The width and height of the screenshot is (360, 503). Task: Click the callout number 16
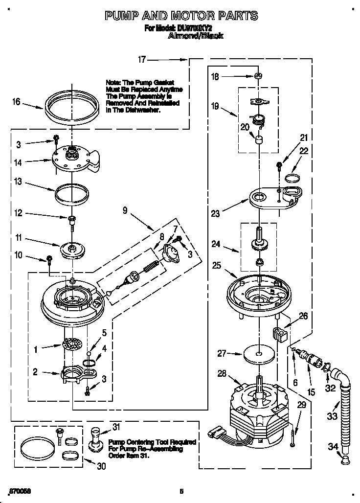click(17, 102)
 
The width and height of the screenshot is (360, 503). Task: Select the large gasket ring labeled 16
click(70, 106)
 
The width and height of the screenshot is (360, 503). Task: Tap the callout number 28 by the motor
click(222, 374)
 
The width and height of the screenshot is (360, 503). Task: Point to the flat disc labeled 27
click(257, 355)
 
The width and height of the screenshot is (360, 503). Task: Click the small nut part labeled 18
click(257, 76)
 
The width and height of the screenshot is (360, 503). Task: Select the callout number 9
click(125, 211)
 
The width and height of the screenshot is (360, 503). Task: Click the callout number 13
click(18, 182)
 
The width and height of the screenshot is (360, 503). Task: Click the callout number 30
click(101, 466)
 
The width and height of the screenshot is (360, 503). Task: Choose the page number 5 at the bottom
click(181, 491)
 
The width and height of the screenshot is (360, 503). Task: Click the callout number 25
click(217, 266)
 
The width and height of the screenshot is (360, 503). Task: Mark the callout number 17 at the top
click(142, 60)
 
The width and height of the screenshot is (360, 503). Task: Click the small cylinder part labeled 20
click(257, 140)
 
